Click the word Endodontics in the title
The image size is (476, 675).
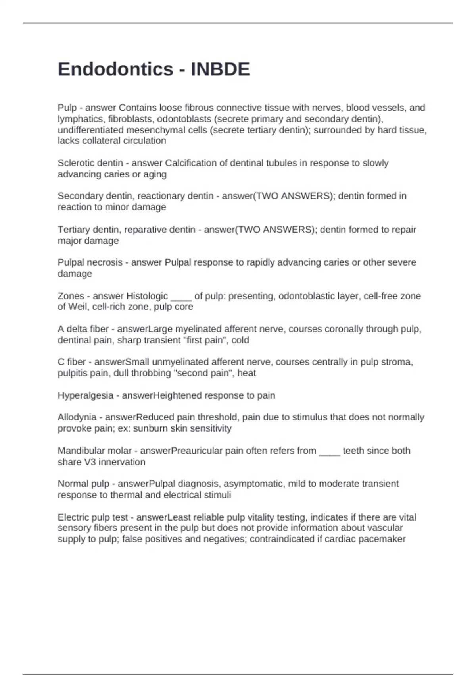pos(115,69)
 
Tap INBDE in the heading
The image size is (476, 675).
pos(220,69)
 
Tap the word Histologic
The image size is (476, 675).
pos(147,296)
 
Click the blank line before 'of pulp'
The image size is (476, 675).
pos(181,298)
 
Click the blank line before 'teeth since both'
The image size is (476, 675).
pos(329,453)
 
